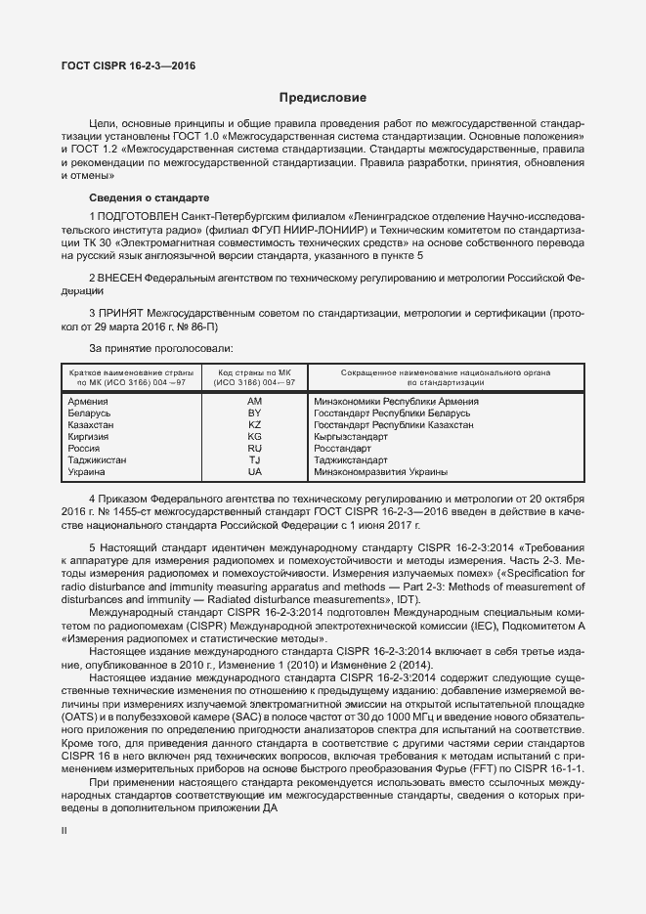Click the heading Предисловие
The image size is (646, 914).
click(x=323, y=98)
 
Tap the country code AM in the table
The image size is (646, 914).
click(x=255, y=402)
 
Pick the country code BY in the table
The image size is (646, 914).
click(x=255, y=413)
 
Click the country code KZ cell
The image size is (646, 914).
click(x=255, y=425)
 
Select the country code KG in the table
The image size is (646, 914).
click(x=255, y=437)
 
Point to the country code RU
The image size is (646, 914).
click(x=255, y=449)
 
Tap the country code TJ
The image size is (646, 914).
click(x=255, y=459)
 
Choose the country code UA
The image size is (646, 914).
click(x=255, y=471)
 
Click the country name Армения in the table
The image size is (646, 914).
click(x=89, y=402)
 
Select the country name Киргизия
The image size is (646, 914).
click(x=90, y=437)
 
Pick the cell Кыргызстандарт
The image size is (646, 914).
click(x=349, y=437)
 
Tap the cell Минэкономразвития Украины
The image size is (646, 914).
click(x=382, y=471)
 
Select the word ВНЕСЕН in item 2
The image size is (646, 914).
click(x=121, y=278)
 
